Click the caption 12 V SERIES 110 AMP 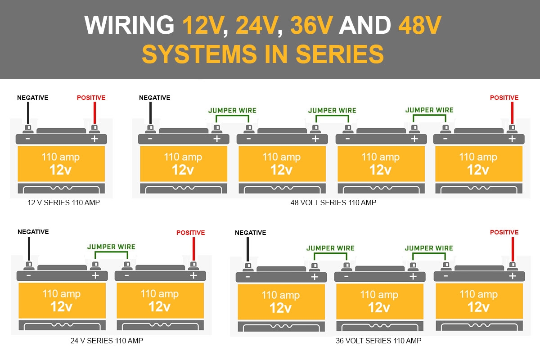click(x=63, y=202)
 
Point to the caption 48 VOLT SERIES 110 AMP click(x=333, y=202)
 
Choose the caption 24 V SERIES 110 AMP click(x=107, y=341)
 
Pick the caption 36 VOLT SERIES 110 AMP click(x=378, y=341)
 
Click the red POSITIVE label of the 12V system click(x=91, y=98)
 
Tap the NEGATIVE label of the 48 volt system click(x=154, y=98)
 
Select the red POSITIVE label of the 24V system click(x=190, y=233)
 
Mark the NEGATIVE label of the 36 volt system click(x=250, y=233)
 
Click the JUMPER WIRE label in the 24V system click(x=111, y=247)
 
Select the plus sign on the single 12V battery click(x=94, y=139)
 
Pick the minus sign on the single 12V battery click(x=28, y=139)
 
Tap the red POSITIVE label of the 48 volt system click(x=504, y=98)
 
